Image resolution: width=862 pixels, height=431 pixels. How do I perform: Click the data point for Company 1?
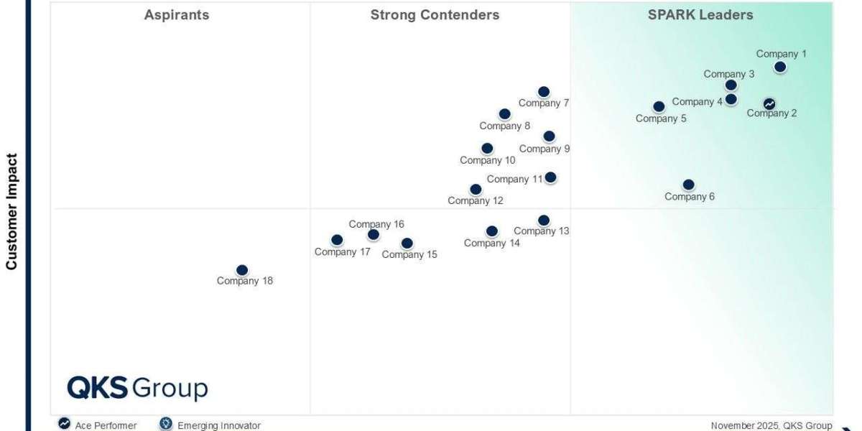tap(780, 67)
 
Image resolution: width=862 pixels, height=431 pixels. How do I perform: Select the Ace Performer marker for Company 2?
tap(769, 104)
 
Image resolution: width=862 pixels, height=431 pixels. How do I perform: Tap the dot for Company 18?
tap(242, 270)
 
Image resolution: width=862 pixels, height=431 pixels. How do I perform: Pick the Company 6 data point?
tap(689, 185)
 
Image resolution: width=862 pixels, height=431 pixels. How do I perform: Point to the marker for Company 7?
tap(544, 91)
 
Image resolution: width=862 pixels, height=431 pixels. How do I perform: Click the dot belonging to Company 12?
tap(476, 190)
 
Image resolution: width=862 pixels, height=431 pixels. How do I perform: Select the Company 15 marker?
tap(407, 244)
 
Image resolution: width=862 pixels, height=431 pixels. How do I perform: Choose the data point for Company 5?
tap(659, 106)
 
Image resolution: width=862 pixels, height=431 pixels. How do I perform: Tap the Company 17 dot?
tap(337, 240)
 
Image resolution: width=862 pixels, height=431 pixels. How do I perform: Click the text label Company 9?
tap(544, 149)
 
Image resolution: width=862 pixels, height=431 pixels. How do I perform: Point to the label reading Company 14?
tap(492, 244)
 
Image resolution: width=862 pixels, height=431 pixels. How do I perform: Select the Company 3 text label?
tap(729, 74)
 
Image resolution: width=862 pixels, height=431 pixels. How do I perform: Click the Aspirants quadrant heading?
tap(177, 15)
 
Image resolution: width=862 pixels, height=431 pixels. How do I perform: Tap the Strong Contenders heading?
tap(435, 15)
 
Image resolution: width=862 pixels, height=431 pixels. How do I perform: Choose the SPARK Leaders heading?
tap(700, 15)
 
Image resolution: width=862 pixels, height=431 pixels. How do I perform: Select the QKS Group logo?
tap(137, 389)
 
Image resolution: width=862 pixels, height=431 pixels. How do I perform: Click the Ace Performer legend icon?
tap(65, 424)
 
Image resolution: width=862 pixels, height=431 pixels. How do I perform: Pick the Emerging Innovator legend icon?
tap(166, 424)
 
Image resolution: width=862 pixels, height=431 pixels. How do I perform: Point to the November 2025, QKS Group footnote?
tap(771, 425)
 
